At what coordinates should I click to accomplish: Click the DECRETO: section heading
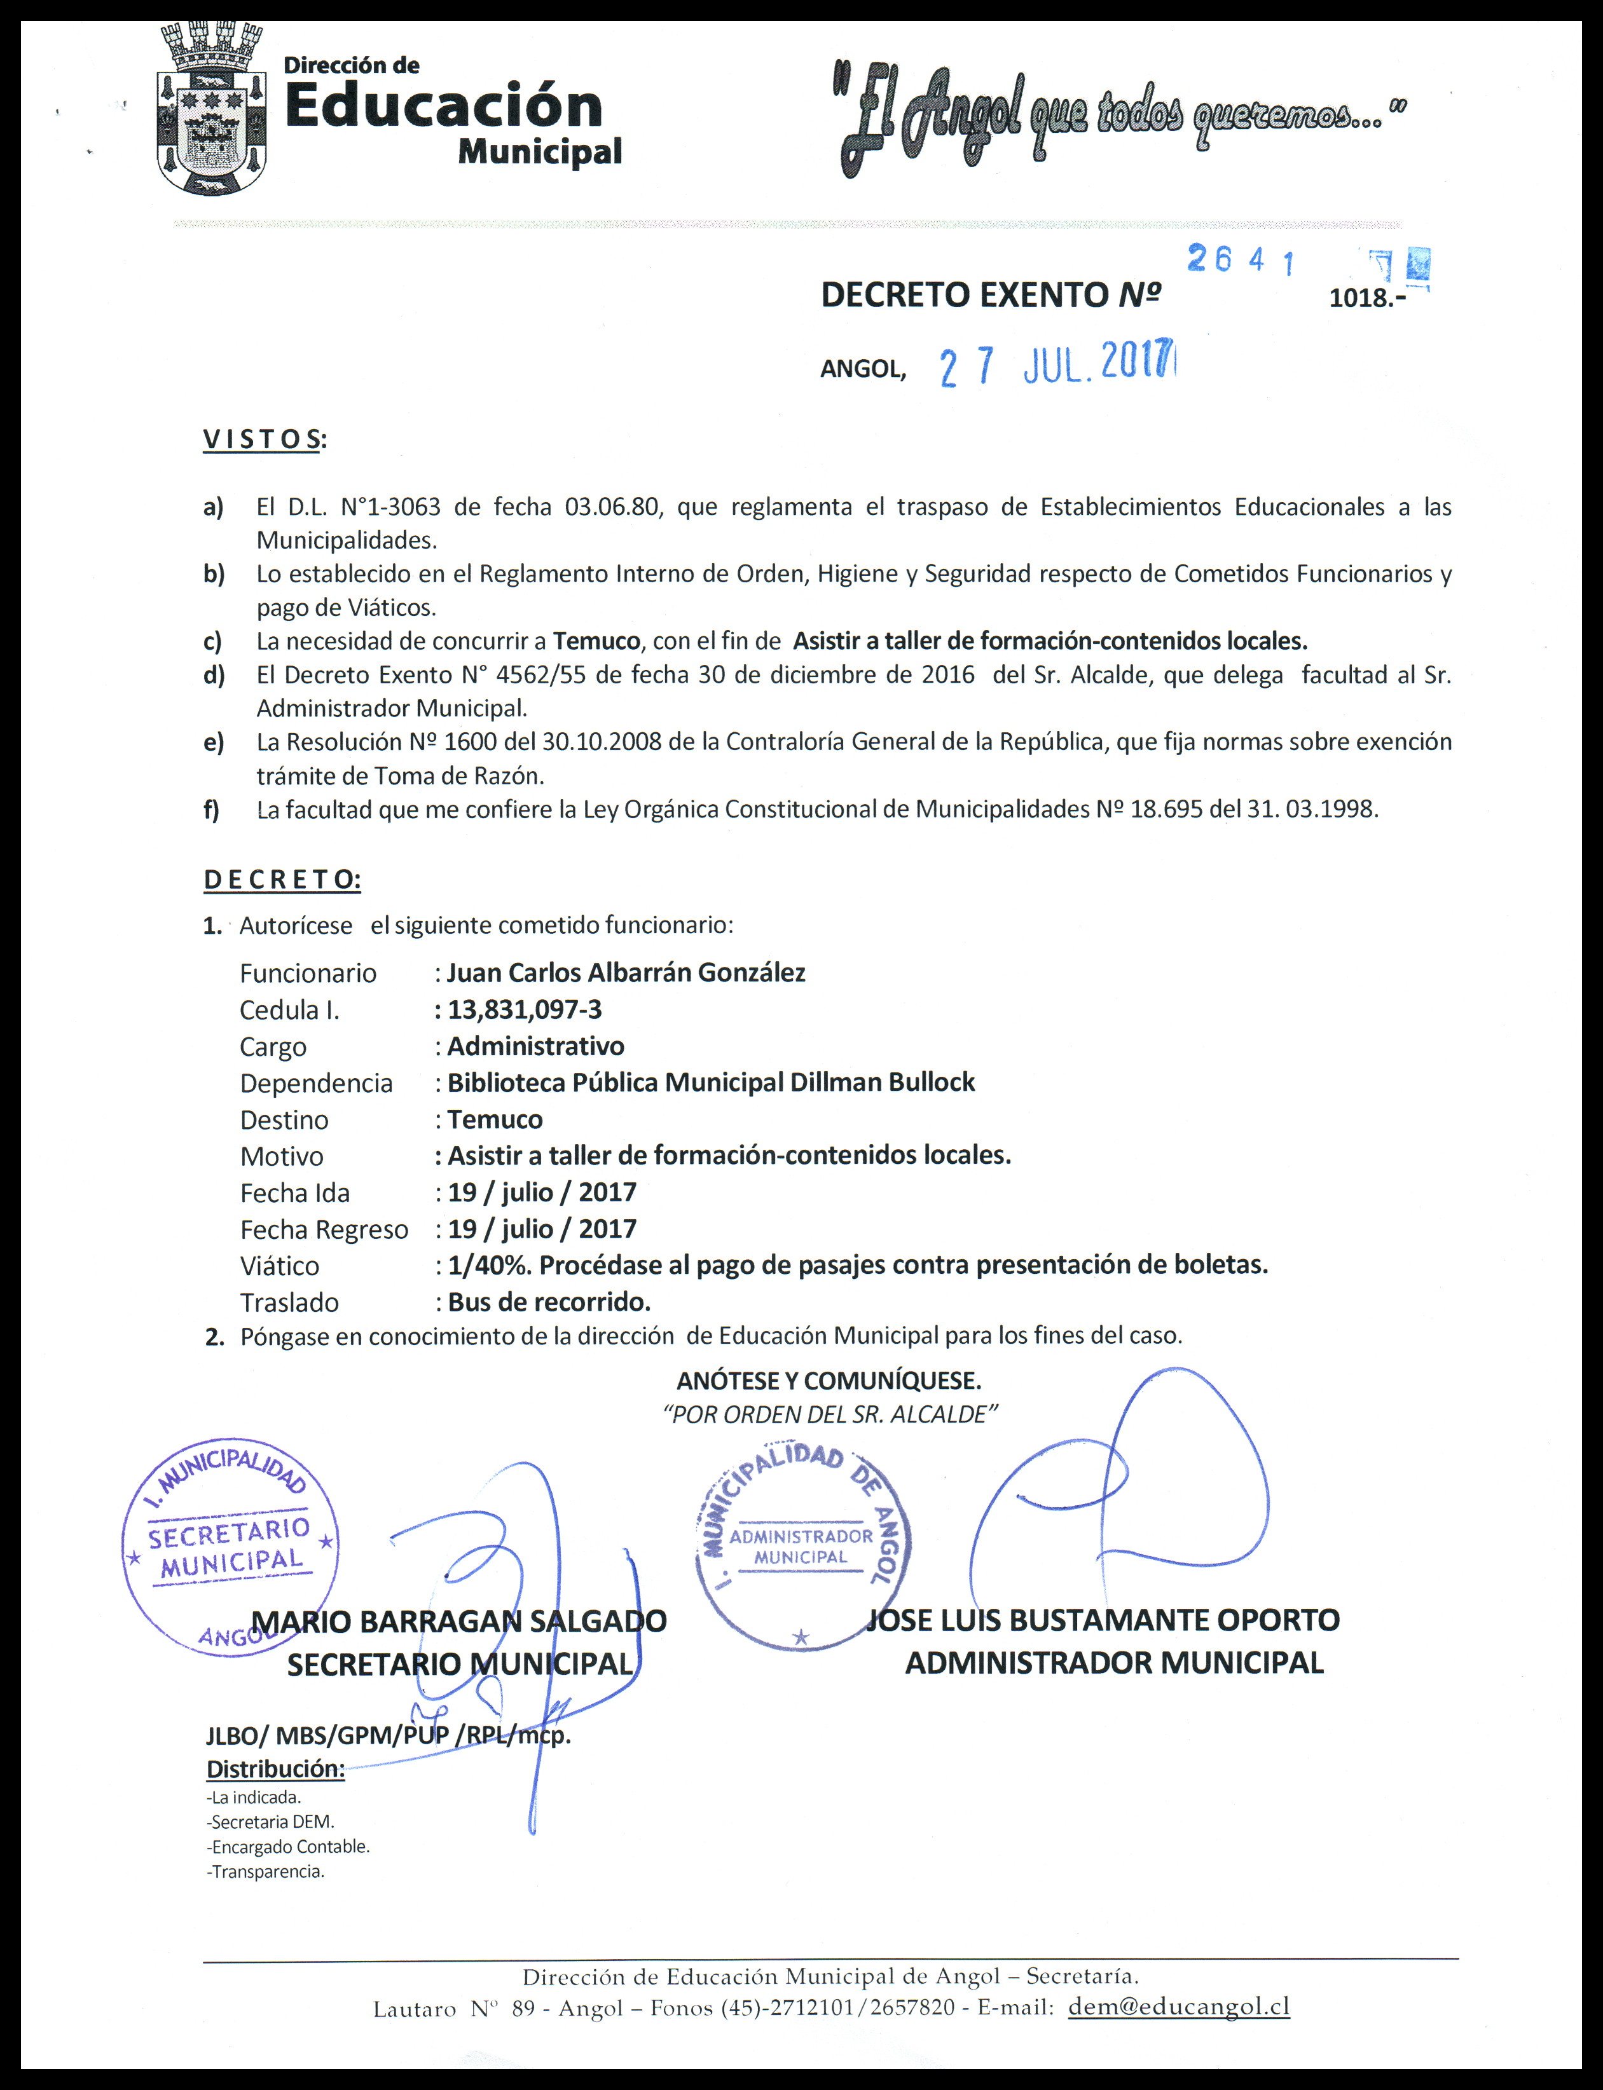pyautogui.click(x=282, y=880)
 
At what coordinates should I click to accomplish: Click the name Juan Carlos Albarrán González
pyautogui.click(x=626, y=973)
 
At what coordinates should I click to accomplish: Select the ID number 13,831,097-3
pyautogui.click(x=525, y=1009)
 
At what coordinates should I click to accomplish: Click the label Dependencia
pyautogui.click(x=316, y=1084)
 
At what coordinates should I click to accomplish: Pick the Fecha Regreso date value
pyautogui.click(x=541, y=1229)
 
